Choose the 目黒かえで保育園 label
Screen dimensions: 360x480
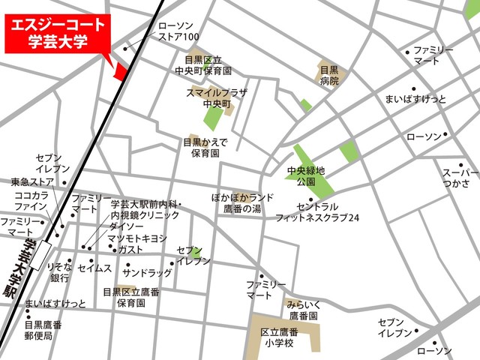point(205,147)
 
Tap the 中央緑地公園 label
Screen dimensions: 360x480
point(306,177)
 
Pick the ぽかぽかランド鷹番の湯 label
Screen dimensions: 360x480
point(243,202)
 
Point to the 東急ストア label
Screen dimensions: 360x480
point(32,181)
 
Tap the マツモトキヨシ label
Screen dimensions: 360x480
point(136,238)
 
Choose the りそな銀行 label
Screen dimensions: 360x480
point(58,272)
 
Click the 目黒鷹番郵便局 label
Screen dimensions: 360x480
point(43,331)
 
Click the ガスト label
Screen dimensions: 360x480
point(130,249)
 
